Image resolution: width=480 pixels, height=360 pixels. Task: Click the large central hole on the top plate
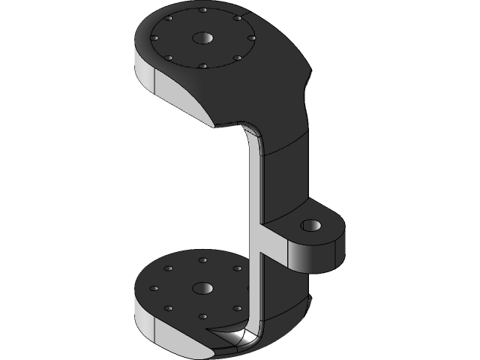[202, 37]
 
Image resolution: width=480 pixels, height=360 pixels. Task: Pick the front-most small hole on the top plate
[202, 66]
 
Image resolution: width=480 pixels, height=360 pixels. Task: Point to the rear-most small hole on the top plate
[202, 11]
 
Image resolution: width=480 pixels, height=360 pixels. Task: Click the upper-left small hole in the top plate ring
[170, 18]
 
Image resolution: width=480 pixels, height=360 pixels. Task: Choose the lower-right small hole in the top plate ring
[236, 58]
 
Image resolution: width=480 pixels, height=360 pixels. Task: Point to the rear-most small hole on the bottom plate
[202, 260]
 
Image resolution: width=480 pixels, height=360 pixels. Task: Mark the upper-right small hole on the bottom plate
[237, 268]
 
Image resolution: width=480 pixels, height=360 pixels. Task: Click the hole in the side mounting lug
[309, 225]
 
